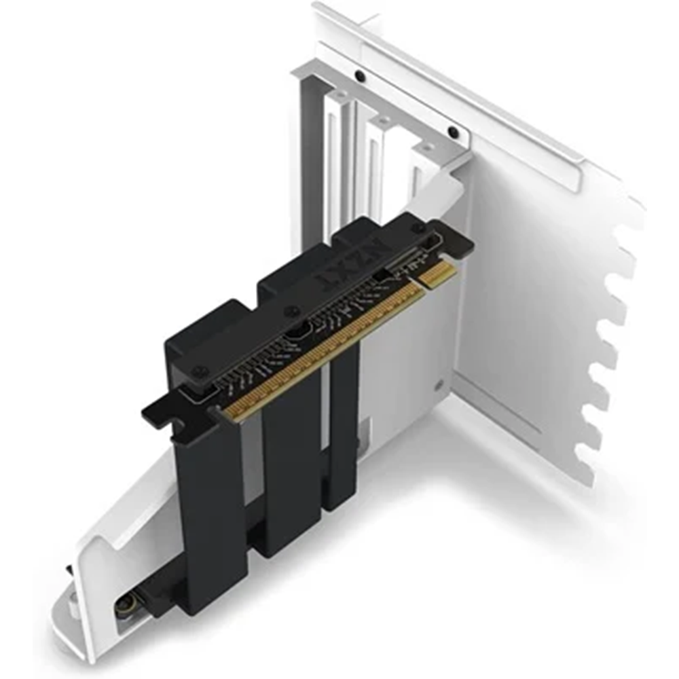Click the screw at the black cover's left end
click(200, 371)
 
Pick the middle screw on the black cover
click(293, 312)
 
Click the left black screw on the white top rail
click(361, 75)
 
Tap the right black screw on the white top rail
click(452, 132)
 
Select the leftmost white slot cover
click(336, 163)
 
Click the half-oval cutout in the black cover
click(299, 332)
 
